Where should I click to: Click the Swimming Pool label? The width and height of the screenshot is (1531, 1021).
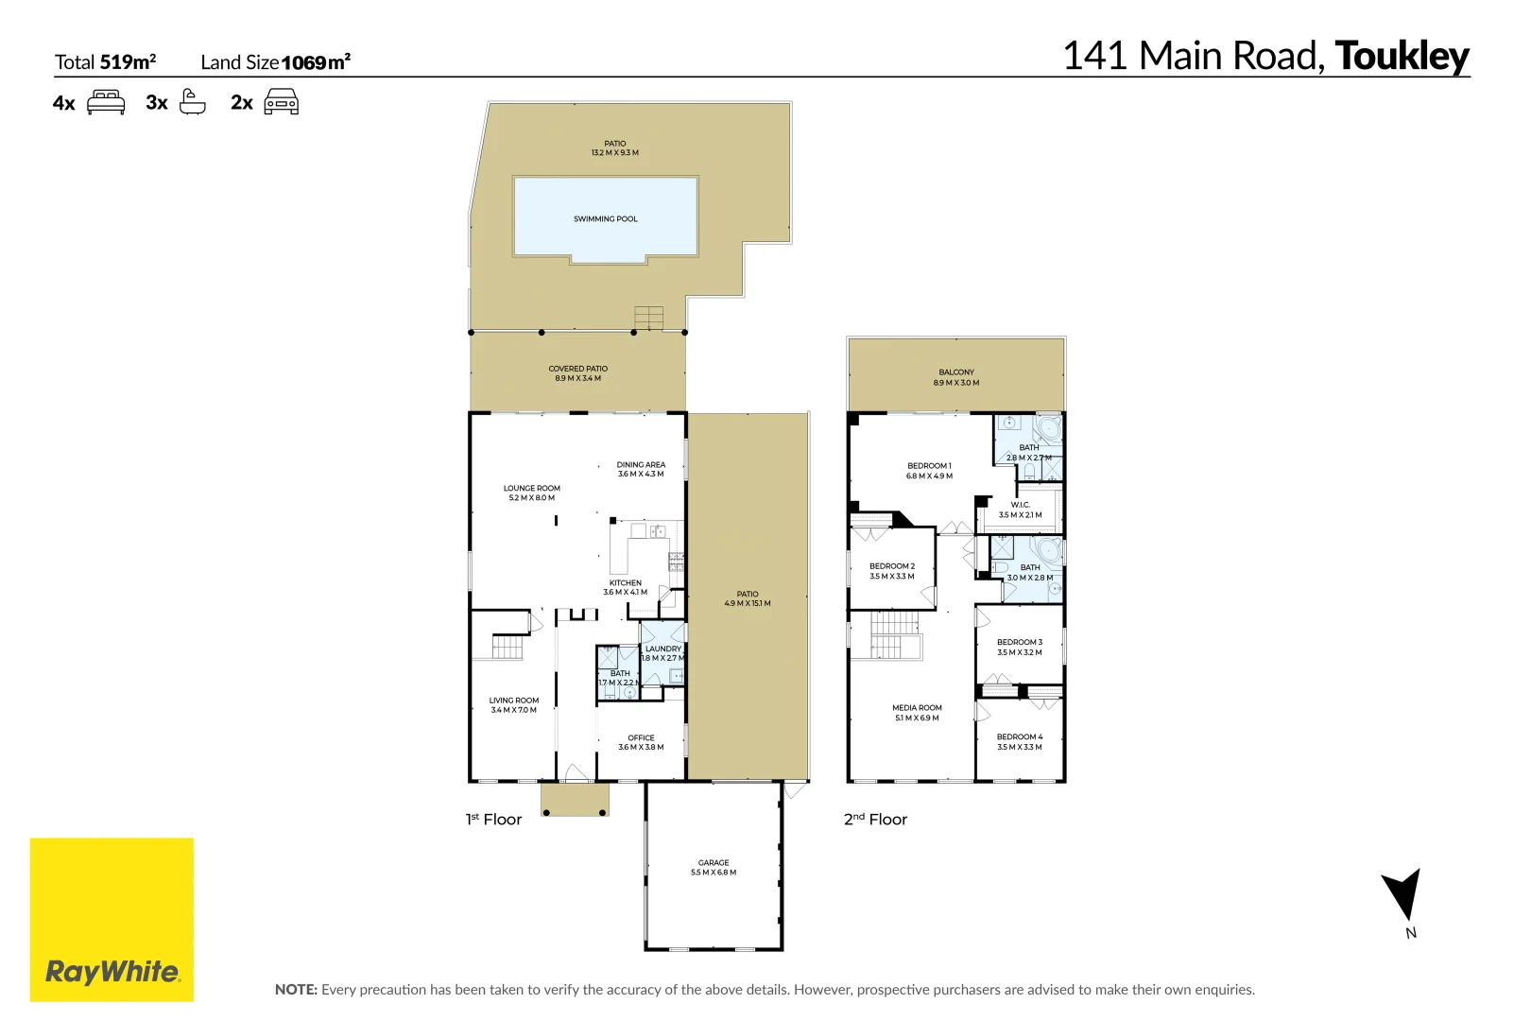(605, 218)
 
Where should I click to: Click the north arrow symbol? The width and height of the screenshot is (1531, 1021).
(1402, 894)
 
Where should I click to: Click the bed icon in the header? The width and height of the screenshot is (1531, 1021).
(106, 102)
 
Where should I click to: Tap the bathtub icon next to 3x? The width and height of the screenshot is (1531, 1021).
(193, 101)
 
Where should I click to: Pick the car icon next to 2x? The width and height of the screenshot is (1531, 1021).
(281, 101)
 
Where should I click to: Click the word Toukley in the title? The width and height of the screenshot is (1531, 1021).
(1402, 56)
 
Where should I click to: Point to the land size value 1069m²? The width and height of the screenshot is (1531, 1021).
(316, 62)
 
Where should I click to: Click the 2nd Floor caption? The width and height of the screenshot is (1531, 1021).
(875, 819)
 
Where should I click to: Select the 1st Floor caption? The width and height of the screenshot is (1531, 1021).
(493, 819)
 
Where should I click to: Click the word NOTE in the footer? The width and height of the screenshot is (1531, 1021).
(296, 989)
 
